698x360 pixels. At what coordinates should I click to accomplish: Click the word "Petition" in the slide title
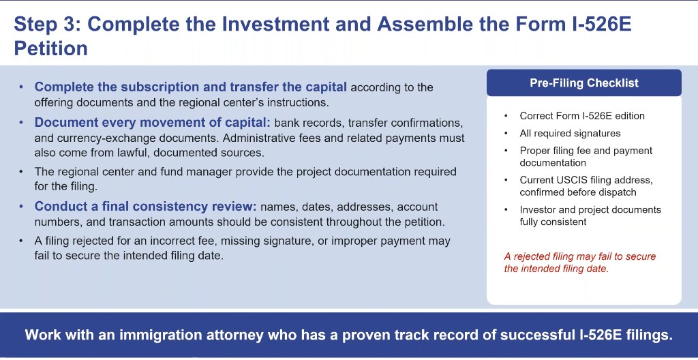click(50, 48)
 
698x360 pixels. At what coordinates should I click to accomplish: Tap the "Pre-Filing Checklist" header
click(584, 83)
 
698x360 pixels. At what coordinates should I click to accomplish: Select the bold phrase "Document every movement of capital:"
click(152, 123)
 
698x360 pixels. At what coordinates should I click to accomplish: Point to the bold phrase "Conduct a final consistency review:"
click(146, 207)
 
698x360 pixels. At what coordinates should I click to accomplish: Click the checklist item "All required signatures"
click(570, 133)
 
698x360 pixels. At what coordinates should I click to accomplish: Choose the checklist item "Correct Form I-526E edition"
click(582, 116)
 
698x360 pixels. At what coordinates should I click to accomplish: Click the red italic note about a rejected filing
click(579, 262)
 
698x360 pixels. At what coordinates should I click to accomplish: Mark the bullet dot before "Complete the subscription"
click(21, 87)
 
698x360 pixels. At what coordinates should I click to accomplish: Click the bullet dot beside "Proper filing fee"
click(506, 151)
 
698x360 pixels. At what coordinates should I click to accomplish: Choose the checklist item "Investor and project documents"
click(590, 210)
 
